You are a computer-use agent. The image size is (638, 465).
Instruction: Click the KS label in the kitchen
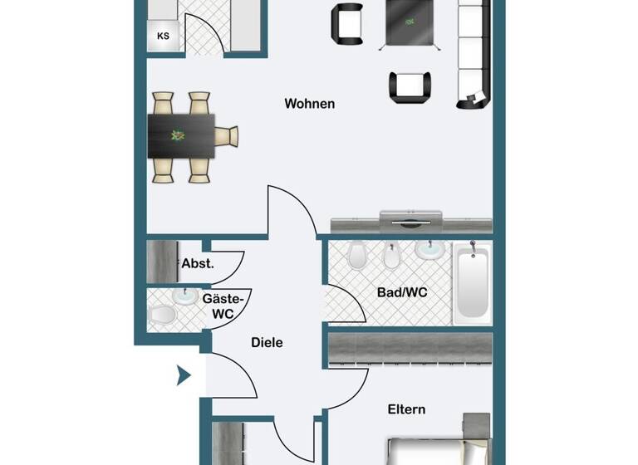coord(163,37)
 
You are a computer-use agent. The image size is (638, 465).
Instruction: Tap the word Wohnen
coord(309,104)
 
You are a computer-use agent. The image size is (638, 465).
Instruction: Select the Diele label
coord(267,342)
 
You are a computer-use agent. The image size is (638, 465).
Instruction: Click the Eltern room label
coord(406,409)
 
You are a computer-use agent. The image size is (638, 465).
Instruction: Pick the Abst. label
coord(198,264)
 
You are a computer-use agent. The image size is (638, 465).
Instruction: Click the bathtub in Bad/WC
coord(472,284)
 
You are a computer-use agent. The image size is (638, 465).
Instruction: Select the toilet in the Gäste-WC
coord(163,316)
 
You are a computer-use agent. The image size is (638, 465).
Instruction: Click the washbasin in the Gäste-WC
coord(184,296)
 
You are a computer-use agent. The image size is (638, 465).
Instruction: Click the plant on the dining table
coord(177,135)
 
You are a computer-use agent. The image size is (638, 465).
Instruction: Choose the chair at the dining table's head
coord(227,135)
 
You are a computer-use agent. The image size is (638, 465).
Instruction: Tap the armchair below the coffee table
coord(410,87)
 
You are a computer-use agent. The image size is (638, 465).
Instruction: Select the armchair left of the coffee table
coord(347,24)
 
